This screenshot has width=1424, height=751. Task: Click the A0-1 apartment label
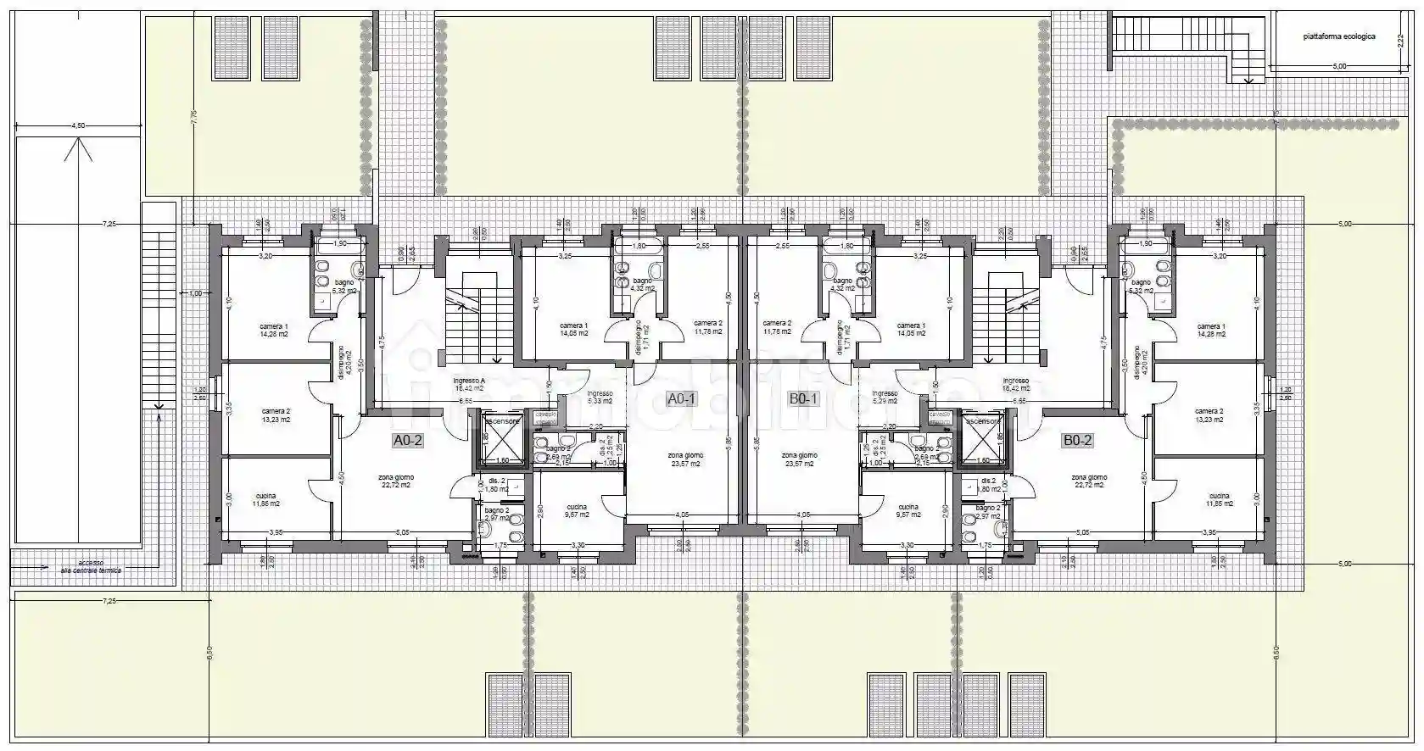click(x=681, y=398)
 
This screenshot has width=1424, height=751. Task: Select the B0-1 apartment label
click(x=803, y=398)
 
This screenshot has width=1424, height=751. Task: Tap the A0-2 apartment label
click(x=407, y=440)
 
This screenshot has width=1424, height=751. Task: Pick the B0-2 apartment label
click(x=1077, y=440)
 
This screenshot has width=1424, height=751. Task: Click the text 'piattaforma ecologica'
click(x=1339, y=37)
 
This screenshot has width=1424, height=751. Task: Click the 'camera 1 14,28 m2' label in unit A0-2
click(x=273, y=331)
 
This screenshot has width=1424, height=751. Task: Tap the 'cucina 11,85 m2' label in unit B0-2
click(x=1219, y=500)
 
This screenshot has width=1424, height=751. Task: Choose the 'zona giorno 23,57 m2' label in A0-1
click(x=685, y=459)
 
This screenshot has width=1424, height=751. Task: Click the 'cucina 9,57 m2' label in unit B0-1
click(x=907, y=511)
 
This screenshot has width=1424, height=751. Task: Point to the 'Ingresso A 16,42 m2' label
click(x=468, y=385)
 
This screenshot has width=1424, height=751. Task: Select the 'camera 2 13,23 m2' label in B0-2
click(x=1209, y=415)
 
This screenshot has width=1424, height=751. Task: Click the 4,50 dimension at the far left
click(x=78, y=125)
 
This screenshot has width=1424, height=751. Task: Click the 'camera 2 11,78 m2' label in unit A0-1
click(x=707, y=327)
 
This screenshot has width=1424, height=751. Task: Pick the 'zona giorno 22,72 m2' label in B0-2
click(x=1088, y=481)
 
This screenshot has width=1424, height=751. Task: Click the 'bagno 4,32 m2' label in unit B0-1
click(x=842, y=284)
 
